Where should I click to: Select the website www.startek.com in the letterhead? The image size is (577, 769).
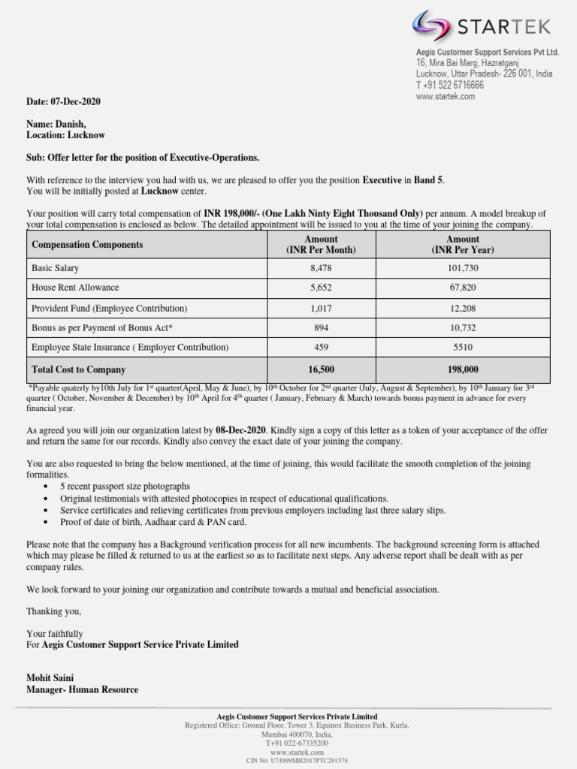446,97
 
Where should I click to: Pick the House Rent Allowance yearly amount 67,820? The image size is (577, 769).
462,288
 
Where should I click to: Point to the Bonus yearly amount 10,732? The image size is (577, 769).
462,328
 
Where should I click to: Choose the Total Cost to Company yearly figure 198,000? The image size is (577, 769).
462,369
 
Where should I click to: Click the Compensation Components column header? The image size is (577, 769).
87,245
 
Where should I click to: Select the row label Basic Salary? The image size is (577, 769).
55,268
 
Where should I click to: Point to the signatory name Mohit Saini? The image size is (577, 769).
50,678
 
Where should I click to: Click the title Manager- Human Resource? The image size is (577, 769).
82,689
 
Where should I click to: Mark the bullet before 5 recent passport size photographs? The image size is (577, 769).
47,487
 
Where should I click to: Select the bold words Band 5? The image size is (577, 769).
429,180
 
